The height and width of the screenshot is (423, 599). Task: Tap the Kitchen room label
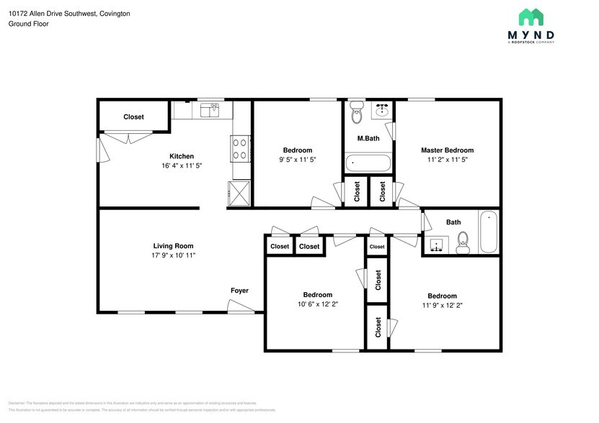[x=181, y=156]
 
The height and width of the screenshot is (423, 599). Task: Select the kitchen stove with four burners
[x=241, y=148]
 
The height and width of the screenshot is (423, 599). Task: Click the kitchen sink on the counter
[x=210, y=110]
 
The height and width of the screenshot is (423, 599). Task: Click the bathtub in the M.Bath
[x=368, y=163]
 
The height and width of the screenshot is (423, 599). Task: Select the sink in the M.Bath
[x=382, y=111]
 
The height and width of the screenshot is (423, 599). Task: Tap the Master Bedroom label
[x=447, y=150]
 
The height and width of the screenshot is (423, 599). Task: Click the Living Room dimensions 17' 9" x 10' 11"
[x=173, y=255]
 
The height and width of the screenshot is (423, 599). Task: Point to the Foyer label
[x=239, y=291]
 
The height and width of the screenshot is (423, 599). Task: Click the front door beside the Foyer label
[x=241, y=307]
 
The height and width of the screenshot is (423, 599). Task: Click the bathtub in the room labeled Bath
[x=489, y=232]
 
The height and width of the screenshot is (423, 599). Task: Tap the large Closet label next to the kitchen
[x=133, y=117]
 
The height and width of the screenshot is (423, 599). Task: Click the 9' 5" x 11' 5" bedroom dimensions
[x=297, y=160]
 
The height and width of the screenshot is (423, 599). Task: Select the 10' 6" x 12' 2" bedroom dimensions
[x=317, y=304]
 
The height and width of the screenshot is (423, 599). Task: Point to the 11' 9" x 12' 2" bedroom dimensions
[x=442, y=305]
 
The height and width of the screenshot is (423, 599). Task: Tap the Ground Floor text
[x=29, y=24]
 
